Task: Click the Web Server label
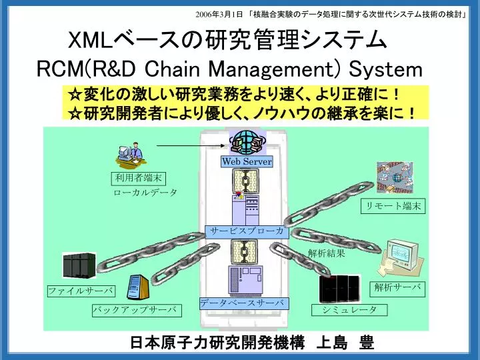247,161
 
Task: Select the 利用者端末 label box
139,179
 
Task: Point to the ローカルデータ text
145,193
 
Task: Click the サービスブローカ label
247,231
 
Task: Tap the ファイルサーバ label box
81,291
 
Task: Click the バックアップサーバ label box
137,310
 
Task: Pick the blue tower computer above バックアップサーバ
137,287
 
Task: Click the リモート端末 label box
393,206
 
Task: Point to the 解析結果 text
326,253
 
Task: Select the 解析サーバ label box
397,289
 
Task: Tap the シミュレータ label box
349,310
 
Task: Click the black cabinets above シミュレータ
339,288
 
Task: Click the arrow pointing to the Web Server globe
191,146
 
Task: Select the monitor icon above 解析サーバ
401,257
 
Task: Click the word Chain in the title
172,69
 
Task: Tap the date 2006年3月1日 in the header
219,15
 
